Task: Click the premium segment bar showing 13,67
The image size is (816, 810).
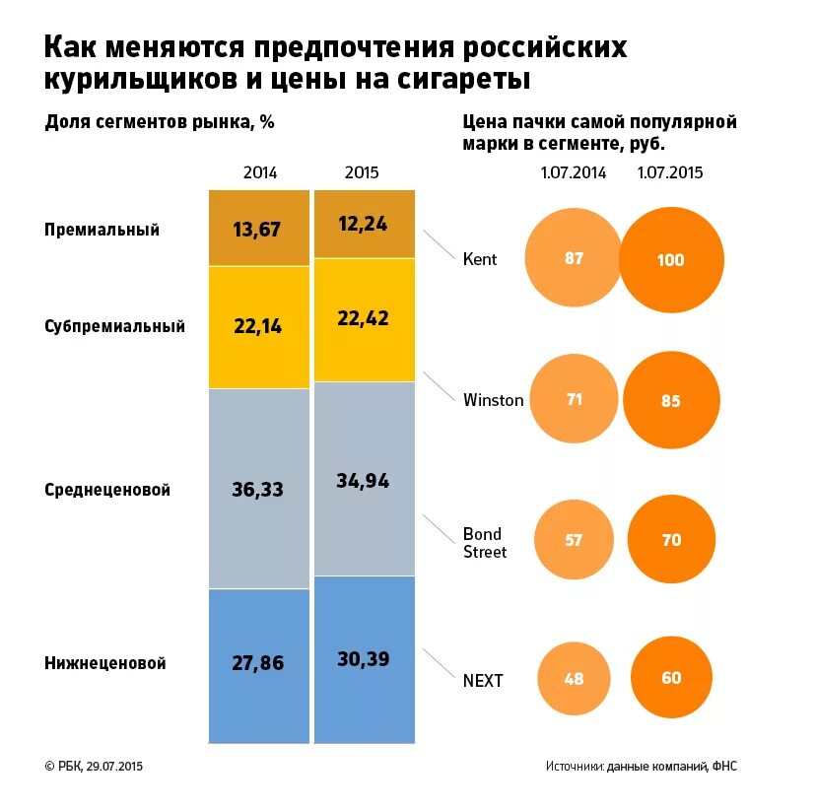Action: pos(258,229)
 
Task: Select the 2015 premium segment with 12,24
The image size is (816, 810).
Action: pos(364,224)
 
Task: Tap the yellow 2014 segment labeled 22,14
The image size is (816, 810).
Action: pos(258,326)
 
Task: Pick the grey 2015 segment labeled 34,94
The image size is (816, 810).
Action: pos(364,479)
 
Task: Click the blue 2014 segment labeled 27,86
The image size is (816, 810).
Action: pos(258,664)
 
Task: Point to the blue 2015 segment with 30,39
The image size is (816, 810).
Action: pos(364,658)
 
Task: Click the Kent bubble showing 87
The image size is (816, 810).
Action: pos(575,259)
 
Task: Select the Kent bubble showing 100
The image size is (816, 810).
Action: pos(671,260)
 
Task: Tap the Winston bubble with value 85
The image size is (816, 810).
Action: pos(671,401)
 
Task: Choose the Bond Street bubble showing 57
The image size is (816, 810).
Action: pos(575,540)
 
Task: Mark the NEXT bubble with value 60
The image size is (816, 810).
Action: pos(671,679)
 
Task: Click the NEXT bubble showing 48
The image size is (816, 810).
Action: pos(575,679)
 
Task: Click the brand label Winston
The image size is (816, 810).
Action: pos(493,400)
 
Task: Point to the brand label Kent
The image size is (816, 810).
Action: pos(480,259)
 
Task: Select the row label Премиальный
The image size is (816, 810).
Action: pos(102,230)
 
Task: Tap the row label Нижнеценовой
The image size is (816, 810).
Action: pos(104,663)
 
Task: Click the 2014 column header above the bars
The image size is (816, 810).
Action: pos(260,172)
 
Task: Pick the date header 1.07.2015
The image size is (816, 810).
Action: pos(670,172)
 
